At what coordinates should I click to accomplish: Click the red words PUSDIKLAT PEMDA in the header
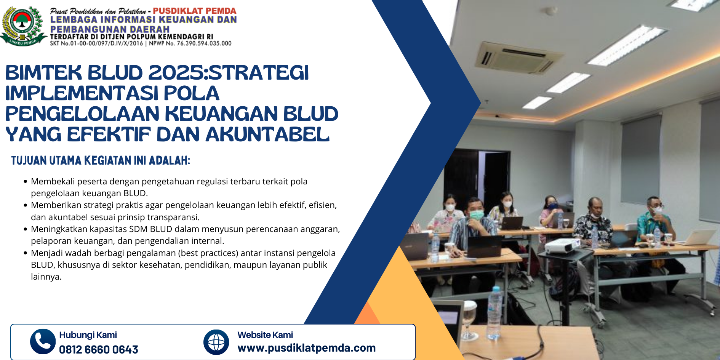point(195,11)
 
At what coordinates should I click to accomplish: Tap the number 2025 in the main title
point(176,73)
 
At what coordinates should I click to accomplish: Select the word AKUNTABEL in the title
point(267,134)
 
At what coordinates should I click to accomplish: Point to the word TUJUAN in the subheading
point(28,160)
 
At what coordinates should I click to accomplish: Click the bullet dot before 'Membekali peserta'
point(26,182)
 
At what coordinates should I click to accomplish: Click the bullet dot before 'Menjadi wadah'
point(26,253)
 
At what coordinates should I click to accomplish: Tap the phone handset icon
point(43,341)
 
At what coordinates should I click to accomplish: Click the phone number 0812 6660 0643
point(98,349)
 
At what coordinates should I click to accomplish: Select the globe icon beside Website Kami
point(216,342)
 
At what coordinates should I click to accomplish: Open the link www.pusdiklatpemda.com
point(306,348)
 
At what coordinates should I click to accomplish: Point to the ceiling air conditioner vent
point(520,58)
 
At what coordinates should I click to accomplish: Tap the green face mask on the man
point(477,215)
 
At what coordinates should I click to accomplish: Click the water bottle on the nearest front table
point(494,312)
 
